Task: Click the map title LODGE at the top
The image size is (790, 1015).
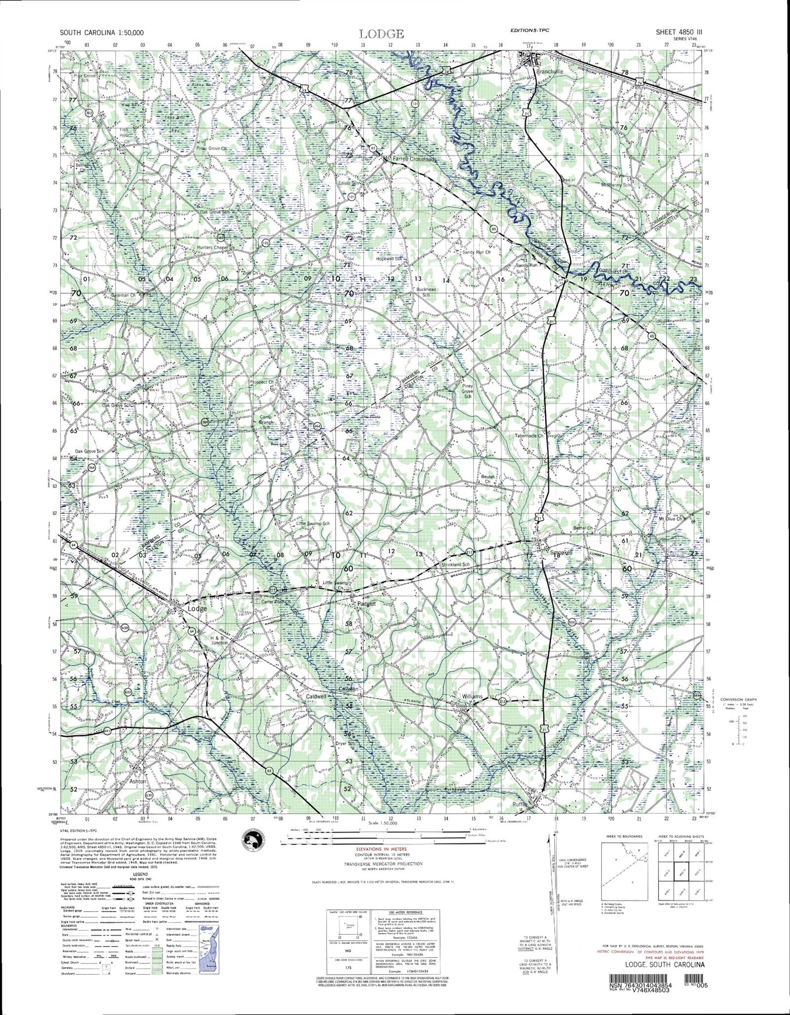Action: click(x=382, y=34)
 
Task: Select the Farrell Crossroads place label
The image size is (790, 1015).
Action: click(x=415, y=159)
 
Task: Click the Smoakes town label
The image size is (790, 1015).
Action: click(x=559, y=553)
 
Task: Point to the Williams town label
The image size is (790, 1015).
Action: click(x=472, y=696)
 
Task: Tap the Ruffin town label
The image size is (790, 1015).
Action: click(x=520, y=804)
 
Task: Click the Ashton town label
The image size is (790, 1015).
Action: click(x=138, y=781)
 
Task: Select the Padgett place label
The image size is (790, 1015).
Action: click(x=366, y=604)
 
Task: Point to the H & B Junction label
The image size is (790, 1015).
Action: click(x=219, y=641)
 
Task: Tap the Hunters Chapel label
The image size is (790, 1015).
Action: click(x=212, y=248)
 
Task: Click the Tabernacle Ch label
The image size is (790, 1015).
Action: click(x=529, y=436)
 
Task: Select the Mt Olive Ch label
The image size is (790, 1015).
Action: click(x=671, y=519)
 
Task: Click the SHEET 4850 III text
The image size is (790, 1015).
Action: click(x=678, y=32)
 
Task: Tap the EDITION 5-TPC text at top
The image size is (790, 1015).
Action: click(x=529, y=31)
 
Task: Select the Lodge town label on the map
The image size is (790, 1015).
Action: click(x=197, y=608)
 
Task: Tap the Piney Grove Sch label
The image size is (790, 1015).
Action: click(x=467, y=391)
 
